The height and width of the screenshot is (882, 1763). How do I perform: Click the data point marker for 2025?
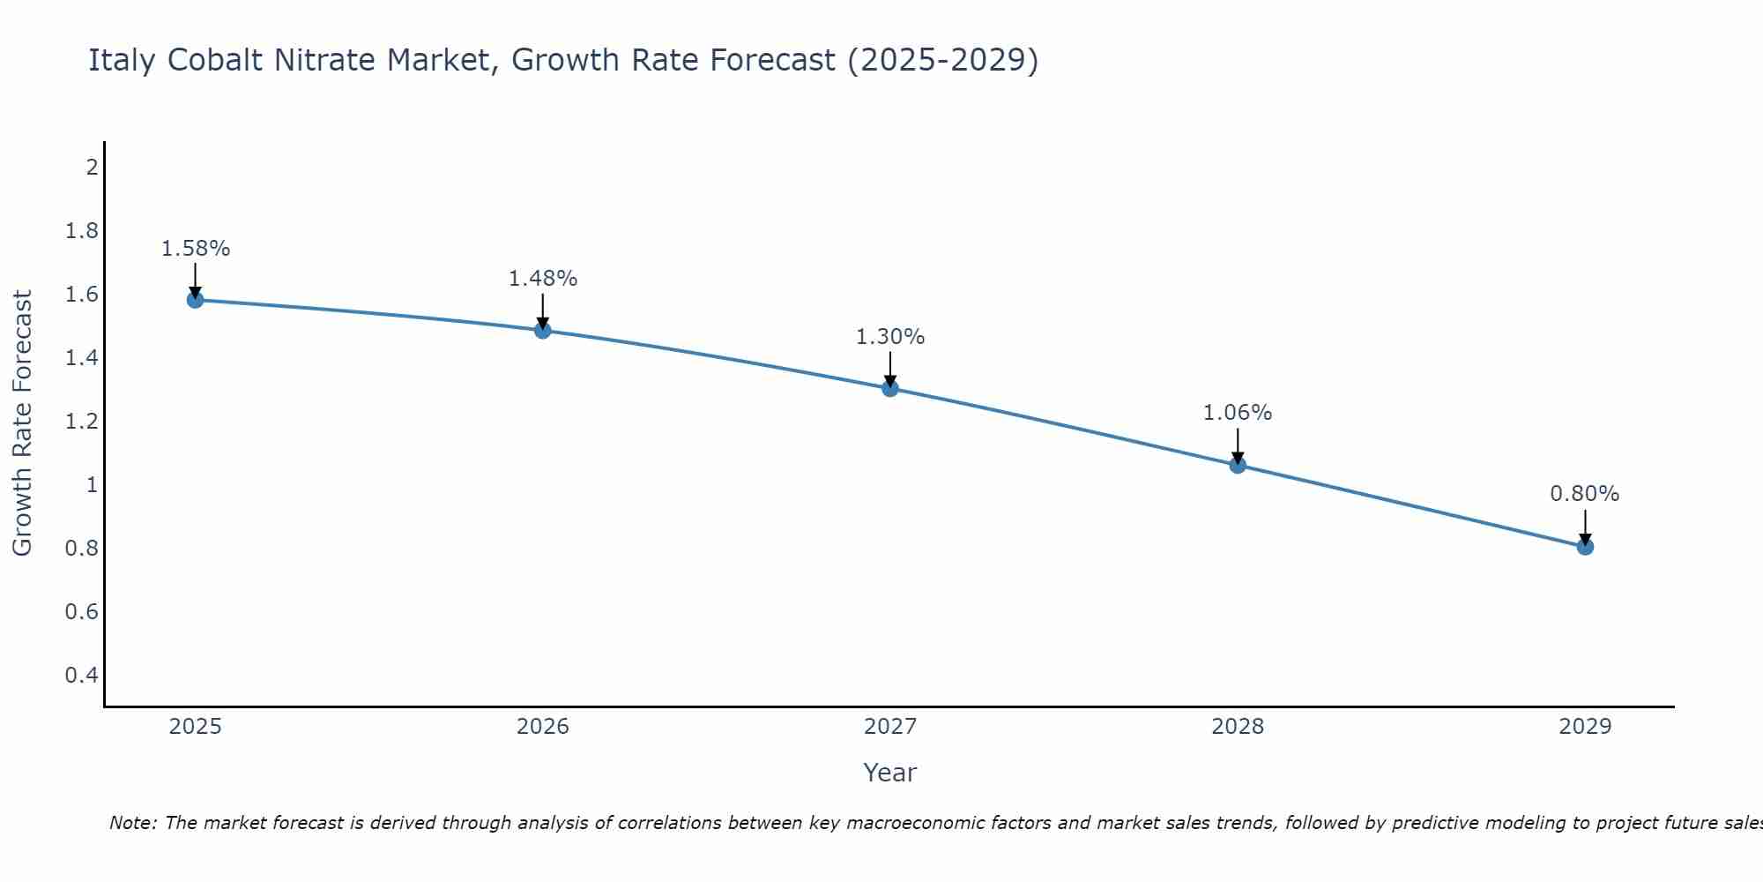click(x=195, y=300)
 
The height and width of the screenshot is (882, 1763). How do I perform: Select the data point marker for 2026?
click(x=543, y=331)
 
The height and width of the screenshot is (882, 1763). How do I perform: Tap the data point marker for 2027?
click(x=890, y=388)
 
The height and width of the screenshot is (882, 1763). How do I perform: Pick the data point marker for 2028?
click(x=1238, y=465)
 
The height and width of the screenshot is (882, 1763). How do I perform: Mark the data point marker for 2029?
click(x=1585, y=547)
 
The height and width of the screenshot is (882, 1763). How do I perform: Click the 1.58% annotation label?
click(x=195, y=249)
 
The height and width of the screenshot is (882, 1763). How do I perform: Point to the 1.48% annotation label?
click(x=543, y=279)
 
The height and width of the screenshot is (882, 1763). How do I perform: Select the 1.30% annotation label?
click(x=890, y=337)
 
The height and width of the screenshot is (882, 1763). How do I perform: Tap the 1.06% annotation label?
click(x=1238, y=413)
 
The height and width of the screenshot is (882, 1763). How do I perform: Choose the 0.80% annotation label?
click(x=1585, y=494)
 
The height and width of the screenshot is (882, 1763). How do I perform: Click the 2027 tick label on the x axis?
click(x=890, y=727)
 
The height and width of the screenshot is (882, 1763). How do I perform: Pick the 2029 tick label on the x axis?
click(x=1585, y=727)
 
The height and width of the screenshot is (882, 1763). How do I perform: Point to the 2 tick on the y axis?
click(x=92, y=167)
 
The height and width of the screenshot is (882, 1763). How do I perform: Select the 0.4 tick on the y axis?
click(x=81, y=676)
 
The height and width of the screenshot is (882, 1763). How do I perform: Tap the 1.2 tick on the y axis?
click(x=81, y=422)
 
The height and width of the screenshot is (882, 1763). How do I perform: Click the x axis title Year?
click(x=890, y=773)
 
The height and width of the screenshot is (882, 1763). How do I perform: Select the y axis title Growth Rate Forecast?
click(x=22, y=423)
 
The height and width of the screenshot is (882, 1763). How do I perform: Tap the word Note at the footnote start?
click(x=132, y=823)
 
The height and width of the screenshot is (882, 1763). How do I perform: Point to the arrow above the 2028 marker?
click(x=1238, y=446)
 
